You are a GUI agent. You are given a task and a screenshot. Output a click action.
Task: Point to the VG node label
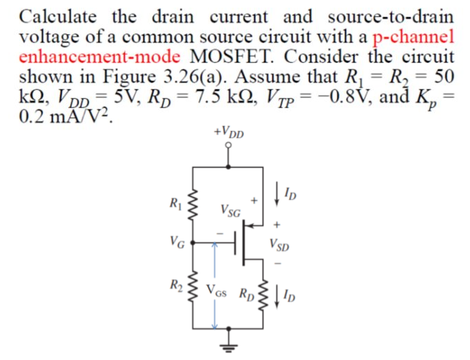(x=177, y=243)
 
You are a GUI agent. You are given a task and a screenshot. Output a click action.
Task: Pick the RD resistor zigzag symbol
(x=263, y=291)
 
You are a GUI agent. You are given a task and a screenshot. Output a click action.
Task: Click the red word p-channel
(x=413, y=35)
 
